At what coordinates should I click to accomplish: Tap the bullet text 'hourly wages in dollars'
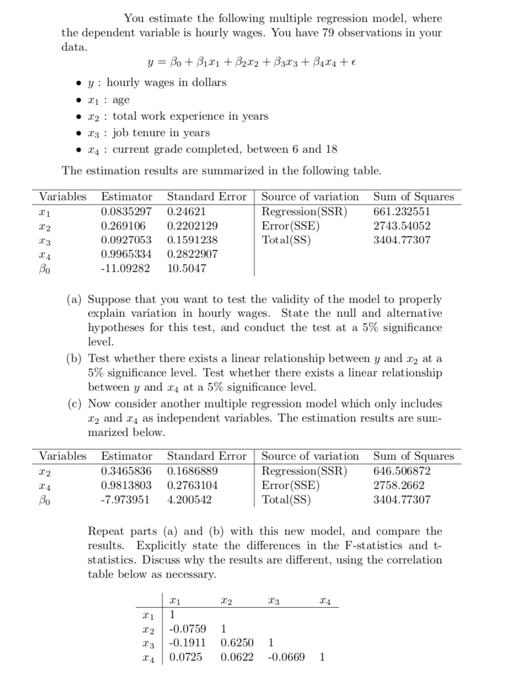click(166, 82)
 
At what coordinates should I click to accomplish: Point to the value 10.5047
click(186, 269)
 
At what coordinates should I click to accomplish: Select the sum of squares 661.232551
click(402, 211)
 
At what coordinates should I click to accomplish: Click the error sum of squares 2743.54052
click(402, 226)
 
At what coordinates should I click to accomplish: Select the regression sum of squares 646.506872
click(402, 471)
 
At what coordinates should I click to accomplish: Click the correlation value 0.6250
click(237, 643)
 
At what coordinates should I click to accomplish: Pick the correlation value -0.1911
click(187, 643)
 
